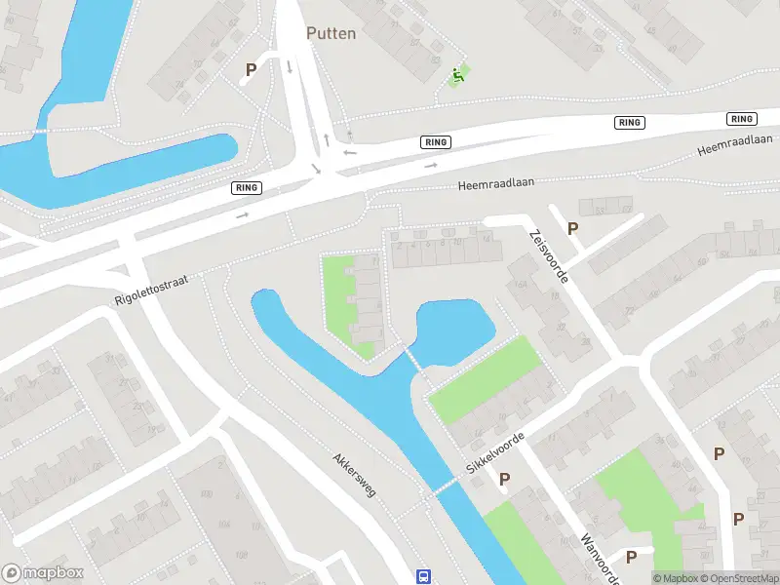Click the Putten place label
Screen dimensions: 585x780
tap(331, 33)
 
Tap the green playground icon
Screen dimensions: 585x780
tap(456, 74)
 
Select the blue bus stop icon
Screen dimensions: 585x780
tap(424, 576)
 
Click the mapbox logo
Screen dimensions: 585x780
tap(41, 573)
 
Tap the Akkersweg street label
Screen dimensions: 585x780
tap(354, 475)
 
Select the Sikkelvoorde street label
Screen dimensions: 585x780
tap(495, 454)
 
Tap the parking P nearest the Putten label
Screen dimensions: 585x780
tap(251, 69)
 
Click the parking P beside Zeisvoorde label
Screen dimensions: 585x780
tap(573, 229)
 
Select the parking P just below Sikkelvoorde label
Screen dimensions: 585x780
tap(504, 479)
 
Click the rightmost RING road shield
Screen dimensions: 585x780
tap(742, 119)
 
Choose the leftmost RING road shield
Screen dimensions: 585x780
tap(247, 187)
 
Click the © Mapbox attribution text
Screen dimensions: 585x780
tap(673, 578)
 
